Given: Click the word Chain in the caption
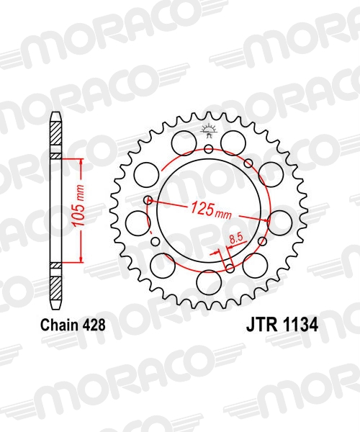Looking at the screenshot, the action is (x=59, y=325).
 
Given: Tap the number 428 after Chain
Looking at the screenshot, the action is (x=94, y=325).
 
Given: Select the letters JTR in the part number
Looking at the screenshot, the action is (x=261, y=325).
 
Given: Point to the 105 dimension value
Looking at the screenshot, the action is (x=78, y=217).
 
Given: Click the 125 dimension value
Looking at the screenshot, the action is (x=203, y=208).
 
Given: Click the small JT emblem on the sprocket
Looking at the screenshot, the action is (x=209, y=131).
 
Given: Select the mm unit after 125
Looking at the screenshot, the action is (x=224, y=214).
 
